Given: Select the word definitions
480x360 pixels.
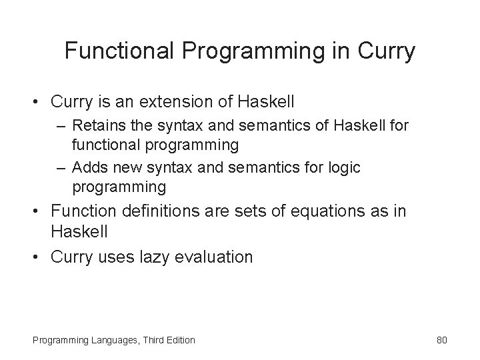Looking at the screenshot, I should pos(162,211).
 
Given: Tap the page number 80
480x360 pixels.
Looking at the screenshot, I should pos(441,340).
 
